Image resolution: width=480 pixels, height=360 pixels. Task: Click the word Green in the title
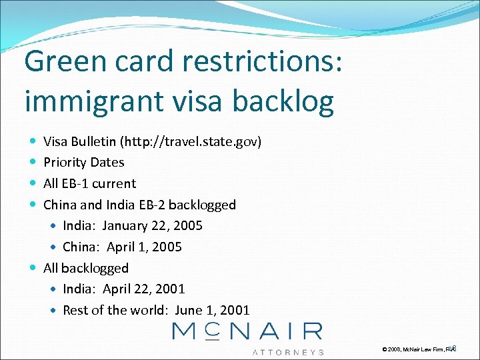[64, 62]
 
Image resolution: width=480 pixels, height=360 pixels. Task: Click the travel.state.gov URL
[193, 141]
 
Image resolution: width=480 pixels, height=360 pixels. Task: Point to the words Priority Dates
[83, 162]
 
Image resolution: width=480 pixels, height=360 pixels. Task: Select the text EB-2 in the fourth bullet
[157, 204]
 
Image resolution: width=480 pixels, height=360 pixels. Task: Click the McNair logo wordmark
[247, 331]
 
